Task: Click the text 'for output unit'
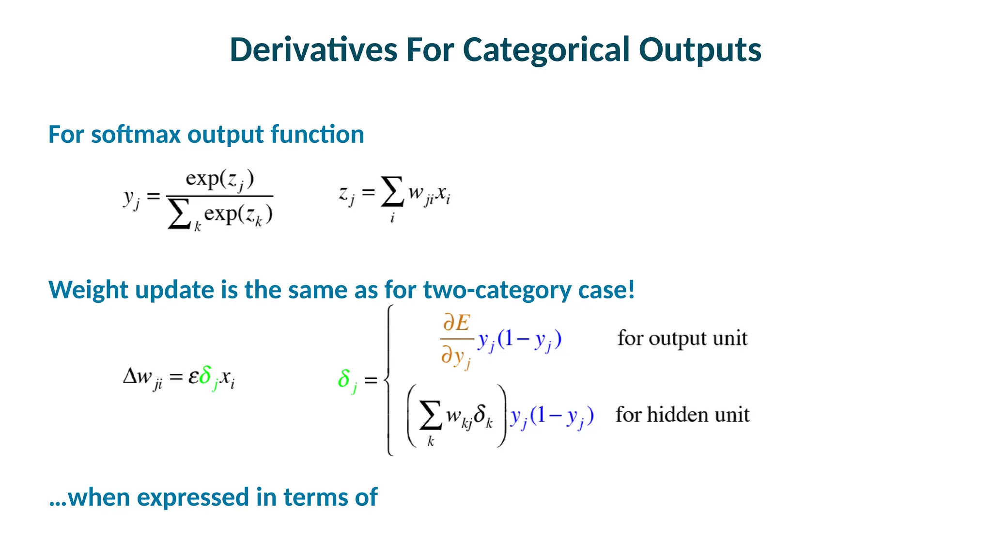(682, 338)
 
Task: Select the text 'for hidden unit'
(682, 415)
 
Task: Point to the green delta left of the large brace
(345, 379)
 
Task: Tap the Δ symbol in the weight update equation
(131, 376)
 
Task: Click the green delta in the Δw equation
(206, 376)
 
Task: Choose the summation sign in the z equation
(392, 192)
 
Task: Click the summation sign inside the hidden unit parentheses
(430, 416)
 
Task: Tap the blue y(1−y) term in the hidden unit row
(551, 416)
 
